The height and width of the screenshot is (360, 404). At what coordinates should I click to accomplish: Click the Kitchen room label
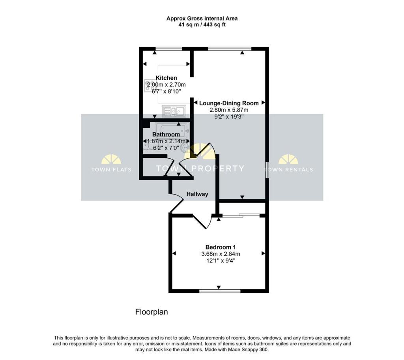click(166, 78)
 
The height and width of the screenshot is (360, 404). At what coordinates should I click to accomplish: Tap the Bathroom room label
click(166, 134)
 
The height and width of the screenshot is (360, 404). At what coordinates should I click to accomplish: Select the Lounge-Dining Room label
click(229, 103)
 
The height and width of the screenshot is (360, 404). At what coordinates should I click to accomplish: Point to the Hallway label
click(197, 194)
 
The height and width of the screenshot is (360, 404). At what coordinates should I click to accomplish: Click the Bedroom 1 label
click(221, 247)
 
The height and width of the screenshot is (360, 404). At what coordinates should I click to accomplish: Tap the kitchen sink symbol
click(174, 111)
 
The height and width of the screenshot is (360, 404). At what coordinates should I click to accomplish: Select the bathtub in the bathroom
click(172, 131)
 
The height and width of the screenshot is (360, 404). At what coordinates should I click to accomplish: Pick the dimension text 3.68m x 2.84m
click(221, 254)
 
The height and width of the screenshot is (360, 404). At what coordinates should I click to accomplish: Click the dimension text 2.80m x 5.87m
click(229, 110)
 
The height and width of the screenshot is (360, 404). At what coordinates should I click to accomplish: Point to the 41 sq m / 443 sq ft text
click(202, 25)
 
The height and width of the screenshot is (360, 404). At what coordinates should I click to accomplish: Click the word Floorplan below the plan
click(151, 312)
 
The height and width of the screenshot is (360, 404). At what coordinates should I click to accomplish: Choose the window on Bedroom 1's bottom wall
click(220, 291)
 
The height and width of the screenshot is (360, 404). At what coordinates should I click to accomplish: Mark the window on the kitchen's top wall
click(168, 49)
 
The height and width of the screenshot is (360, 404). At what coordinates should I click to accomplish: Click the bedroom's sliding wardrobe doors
click(241, 216)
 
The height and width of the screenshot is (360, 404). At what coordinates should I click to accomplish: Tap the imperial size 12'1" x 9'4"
click(221, 261)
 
